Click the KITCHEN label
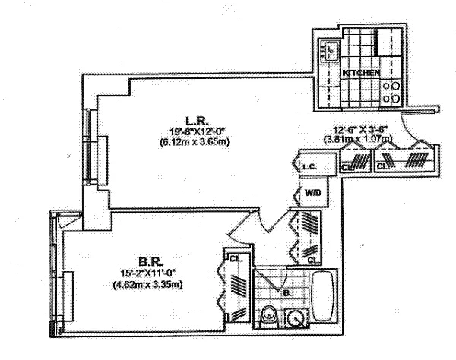pyautogui.click(x=361, y=73)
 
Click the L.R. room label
pyautogui.click(x=192, y=119)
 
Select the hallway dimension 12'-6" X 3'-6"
pyautogui.click(x=362, y=129)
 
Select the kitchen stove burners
pyautogui.click(x=393, y=92)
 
